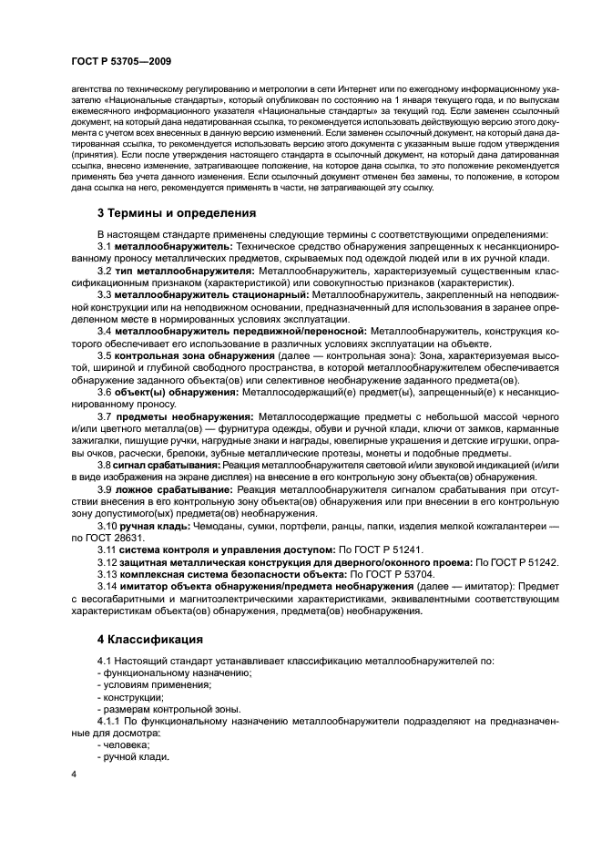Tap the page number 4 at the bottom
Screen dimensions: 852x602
pyautogui.click(x=74, y=775)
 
